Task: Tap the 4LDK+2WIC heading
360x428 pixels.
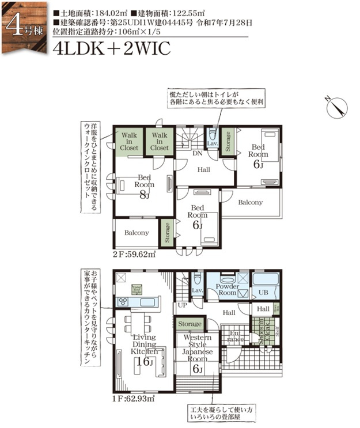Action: point(111,48)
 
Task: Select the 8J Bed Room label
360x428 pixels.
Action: point(145,185)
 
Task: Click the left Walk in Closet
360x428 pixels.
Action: point(129,141)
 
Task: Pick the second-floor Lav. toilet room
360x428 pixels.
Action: point(212,142)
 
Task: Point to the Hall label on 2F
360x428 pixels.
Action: point(204,170)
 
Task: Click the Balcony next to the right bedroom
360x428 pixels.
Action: point(250,203)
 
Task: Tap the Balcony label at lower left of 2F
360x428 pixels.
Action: point(137,233)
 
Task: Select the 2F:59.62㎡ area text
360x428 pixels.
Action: point(134,253)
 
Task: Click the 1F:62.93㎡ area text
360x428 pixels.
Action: point(134,397)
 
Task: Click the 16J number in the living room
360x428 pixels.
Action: point(143,361)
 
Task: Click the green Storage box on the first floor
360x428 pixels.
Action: point(190,324)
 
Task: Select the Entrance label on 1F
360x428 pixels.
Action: point(236,335)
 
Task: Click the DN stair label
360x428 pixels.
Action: point(196,154)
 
